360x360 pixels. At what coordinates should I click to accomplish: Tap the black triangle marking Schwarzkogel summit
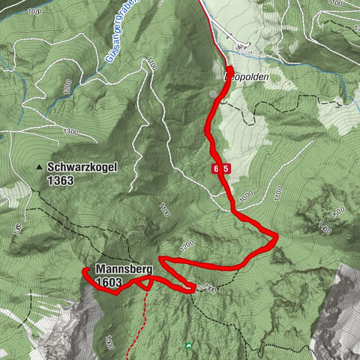(x=39, y=167)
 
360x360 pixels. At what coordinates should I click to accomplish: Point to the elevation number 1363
(x=61, y=180)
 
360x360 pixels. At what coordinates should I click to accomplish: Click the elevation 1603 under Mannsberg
(x=109, y=281)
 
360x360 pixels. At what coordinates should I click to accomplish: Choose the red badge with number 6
(x=216, y=169)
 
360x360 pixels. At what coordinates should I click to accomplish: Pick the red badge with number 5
(x=226, y=169)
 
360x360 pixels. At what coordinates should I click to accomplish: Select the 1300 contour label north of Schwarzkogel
(x=71, y=131)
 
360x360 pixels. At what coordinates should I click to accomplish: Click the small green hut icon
(x=188, y=344)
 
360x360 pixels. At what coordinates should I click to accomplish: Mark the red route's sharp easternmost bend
(x=276, y=238)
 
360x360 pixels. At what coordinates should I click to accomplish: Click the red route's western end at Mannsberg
(x=84, y=270)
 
